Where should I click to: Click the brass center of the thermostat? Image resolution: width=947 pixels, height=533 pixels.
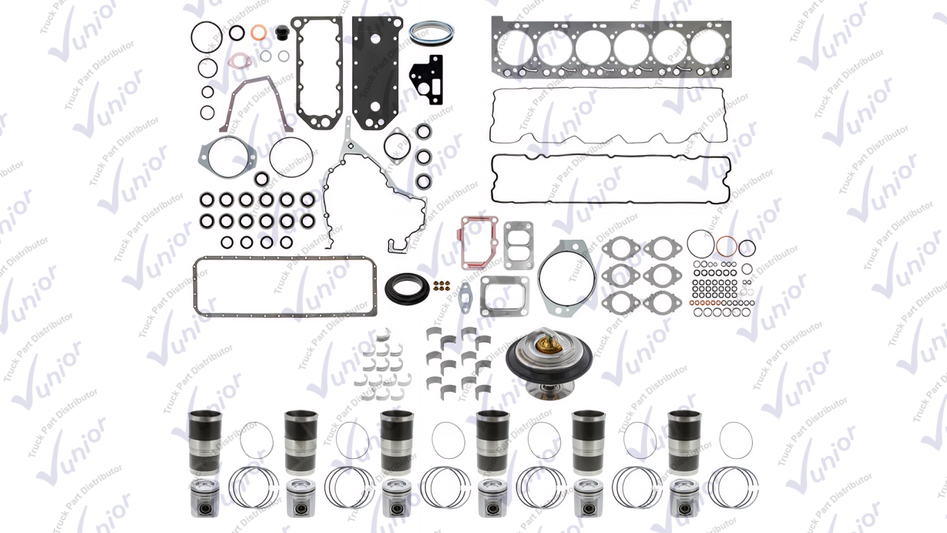(x=549, y=344)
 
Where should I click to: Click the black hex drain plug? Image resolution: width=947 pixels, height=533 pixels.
(x=282, y=32)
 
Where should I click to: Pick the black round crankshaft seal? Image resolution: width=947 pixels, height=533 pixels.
(x=407, y=288)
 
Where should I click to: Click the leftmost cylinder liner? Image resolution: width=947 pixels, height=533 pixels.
(x=205, y=443)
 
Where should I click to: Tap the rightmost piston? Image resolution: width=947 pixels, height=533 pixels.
(x=684, y=498)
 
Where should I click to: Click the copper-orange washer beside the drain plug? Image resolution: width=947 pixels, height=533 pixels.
(x=258, y=32)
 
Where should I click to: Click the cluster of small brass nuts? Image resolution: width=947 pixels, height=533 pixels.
(x=442, y=285)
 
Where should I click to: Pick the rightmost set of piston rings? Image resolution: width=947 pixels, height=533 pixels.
(x=733, y=487)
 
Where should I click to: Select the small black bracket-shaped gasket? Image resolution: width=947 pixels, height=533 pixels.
(x=427, y=79)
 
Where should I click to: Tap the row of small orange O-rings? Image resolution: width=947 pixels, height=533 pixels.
(x=706, y=302)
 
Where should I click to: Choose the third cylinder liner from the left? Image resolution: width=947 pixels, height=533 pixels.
(x=397, y=443)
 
